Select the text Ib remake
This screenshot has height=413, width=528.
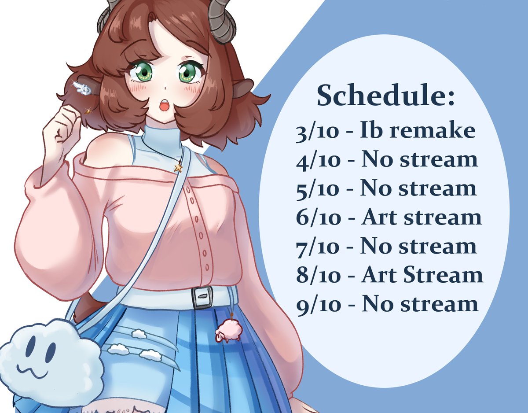tap(418, 129)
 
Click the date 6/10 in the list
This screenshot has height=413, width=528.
tap(318, 217)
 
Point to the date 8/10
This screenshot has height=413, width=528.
tap(318, 275)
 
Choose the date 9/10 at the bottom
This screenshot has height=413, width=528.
tap(318, 305)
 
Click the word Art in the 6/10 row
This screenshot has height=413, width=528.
tap(380, 217)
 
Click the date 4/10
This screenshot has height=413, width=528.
tap(318, 161)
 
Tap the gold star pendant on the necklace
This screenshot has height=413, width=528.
tap(178, 167)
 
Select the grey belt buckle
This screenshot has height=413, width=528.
tap(202, 297)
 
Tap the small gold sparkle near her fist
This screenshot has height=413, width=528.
tap(88, 111)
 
